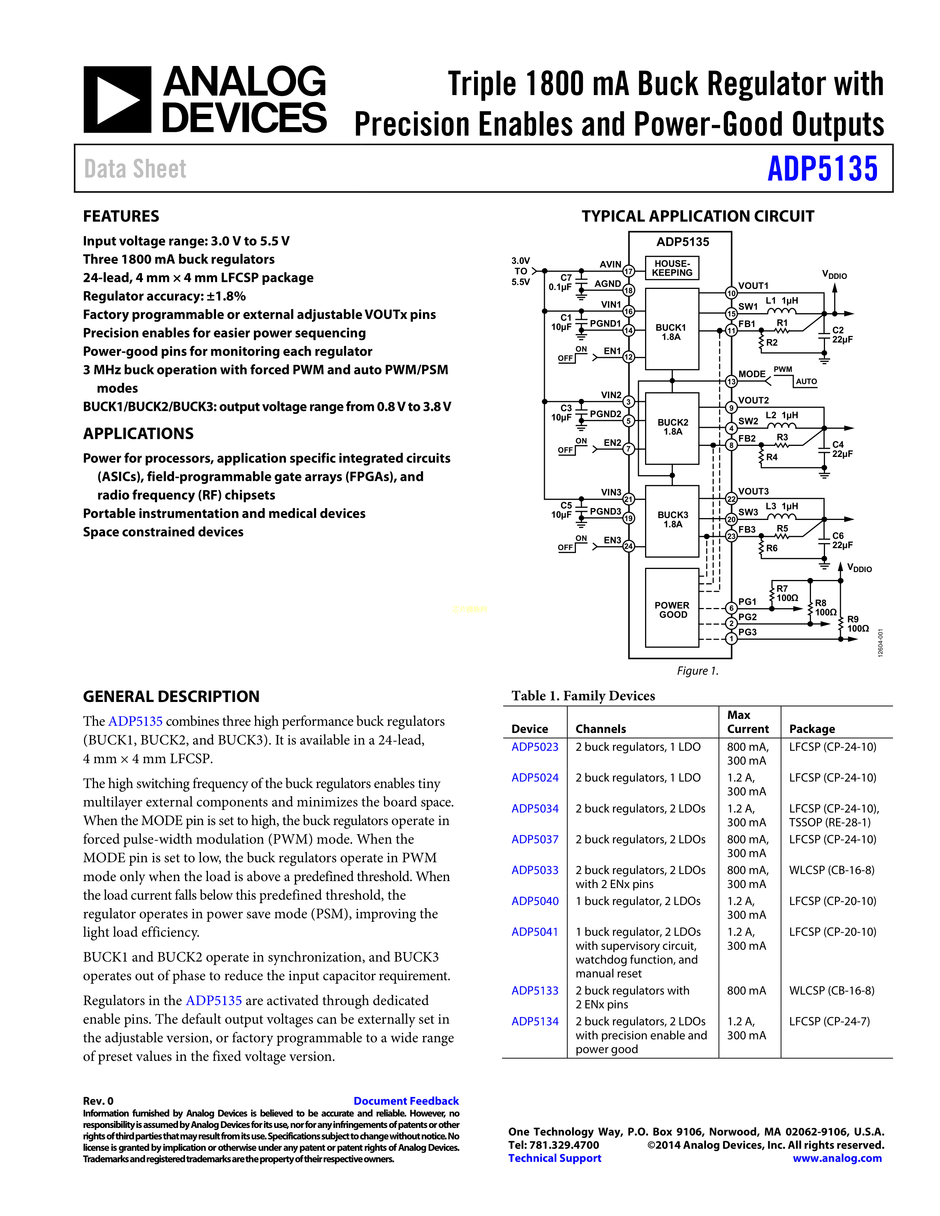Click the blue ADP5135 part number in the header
click(x=822, y=169)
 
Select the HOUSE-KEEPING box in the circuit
click(x=672, y=268)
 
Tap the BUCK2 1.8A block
click(x=672, y=427)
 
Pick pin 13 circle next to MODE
click(x=731, y=381)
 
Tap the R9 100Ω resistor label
click(x=857, y=623)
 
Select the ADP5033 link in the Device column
click(x=535, y=870)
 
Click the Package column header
click(x=812, y=729)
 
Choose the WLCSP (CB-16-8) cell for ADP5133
click(x=831, y=990)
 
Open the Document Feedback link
click(x=406, y=1101)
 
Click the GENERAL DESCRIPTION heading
click(x=171, y=696)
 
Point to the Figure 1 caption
click(x=697, y=671)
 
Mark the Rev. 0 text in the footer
click(x=98, y=1101)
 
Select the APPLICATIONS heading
click(x=138, y=434)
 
